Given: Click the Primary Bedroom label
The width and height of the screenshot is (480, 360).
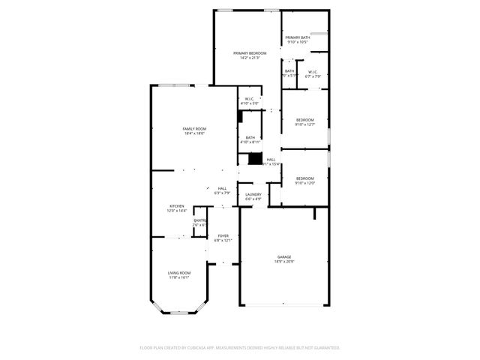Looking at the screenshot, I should click(250, 53).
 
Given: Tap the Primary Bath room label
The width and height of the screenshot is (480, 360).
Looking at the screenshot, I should click(298, 37).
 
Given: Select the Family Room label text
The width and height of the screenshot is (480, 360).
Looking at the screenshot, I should click(194, 129).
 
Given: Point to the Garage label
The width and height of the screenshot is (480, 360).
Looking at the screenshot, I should click(283, 257).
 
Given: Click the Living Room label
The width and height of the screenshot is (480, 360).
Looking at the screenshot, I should click(178, 272).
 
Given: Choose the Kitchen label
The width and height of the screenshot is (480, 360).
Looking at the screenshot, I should click(176, 205).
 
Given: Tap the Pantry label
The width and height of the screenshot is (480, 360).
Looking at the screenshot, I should click(199, 220).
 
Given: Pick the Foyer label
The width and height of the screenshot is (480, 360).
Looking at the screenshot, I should click(223, 235).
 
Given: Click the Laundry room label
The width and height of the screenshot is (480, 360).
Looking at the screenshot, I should click(253, 194).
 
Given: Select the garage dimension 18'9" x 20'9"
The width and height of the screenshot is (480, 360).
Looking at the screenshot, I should click(283, 262).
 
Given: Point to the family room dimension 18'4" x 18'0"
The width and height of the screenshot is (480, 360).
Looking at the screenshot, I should click(194, 133).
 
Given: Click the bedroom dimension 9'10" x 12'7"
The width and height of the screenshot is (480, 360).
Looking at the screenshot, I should click(304, 124).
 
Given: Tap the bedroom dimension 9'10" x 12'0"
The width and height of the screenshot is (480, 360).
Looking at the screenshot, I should click(304, 182).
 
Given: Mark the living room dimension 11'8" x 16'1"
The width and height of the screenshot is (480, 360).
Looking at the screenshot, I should click(178, 277).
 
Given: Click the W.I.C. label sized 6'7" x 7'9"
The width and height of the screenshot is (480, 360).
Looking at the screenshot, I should click(313, 76).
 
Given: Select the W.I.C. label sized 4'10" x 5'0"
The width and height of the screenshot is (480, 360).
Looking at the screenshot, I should click(250, 103).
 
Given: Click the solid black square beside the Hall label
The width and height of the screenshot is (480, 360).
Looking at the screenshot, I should click(256, 159).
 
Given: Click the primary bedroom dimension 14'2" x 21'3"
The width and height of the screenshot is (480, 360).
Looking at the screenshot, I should click(250, 58).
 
